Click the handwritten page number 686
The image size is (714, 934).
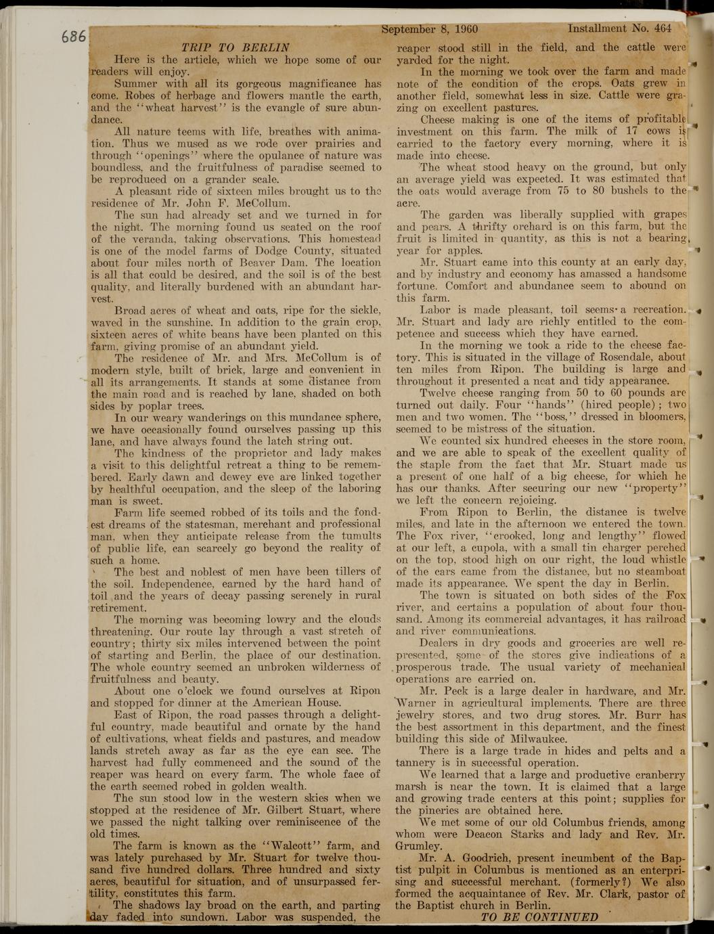coord(73,35)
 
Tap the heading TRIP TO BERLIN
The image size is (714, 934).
coord(236,47)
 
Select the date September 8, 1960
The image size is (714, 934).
coord(430,29)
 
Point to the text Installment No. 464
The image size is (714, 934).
coord(619,29)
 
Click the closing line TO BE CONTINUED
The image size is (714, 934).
coord(539,917)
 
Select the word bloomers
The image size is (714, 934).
coord(656,417)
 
